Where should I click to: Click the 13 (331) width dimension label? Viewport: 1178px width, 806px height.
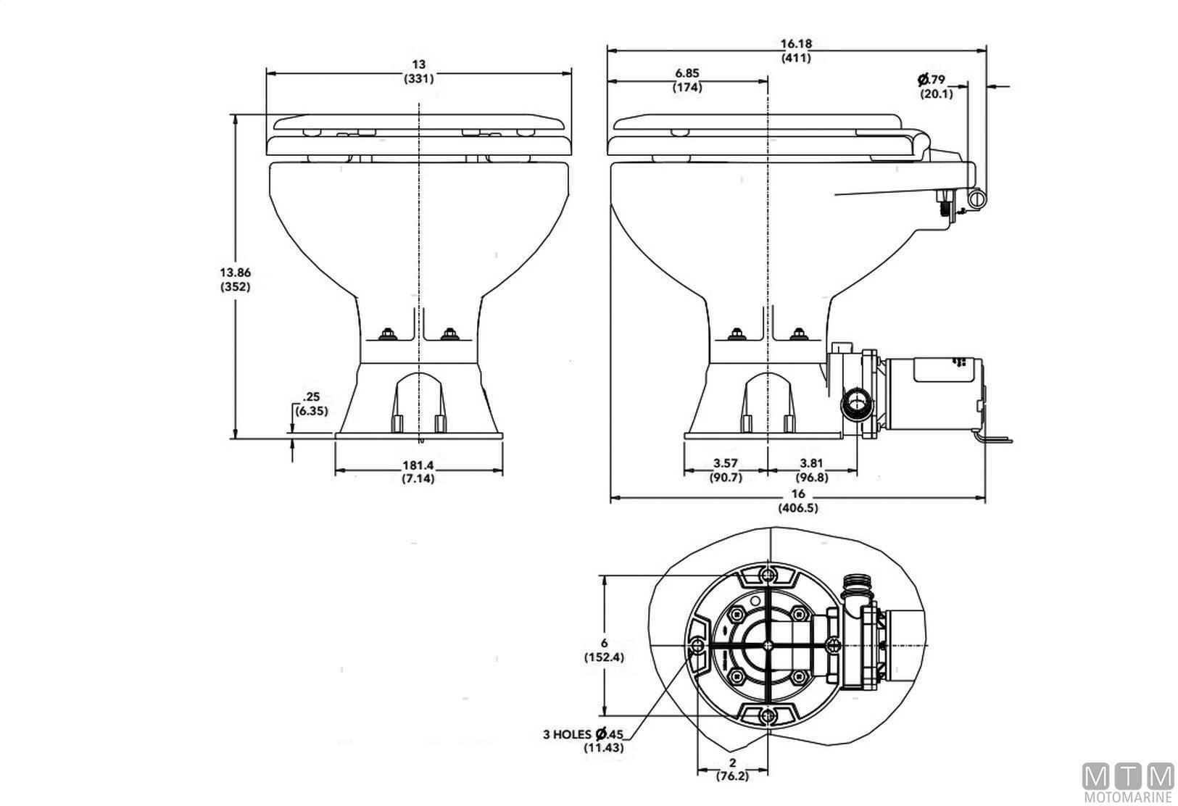pyautogui.click(x=419, y=72)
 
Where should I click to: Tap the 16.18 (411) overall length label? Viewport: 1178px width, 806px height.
pyautogui.click(x=796, y=50)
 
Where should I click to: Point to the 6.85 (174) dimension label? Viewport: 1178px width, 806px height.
pyautogui.click(x=687, y=80)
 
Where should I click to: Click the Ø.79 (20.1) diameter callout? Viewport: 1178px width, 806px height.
pyautogui.click(x=934, y=86)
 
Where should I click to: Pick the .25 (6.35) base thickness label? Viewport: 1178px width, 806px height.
pyautogui.click(x=312, y=404)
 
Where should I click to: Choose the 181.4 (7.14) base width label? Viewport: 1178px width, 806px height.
pyautogui.click(x=418, y=472)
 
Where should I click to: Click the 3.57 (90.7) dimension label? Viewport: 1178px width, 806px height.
pyautogui.click(x=726, y=470)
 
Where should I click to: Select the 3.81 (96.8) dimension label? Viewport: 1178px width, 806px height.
pyautogui.click(x=811, y=470)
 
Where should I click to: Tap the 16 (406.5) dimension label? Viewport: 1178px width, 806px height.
pyautogui.click(x=797, y=501)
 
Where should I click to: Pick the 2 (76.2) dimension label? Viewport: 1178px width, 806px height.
pyautogui.click(x=732, y=769)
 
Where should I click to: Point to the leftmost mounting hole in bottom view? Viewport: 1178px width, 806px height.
pyautogui.click(x=697, y=647)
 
